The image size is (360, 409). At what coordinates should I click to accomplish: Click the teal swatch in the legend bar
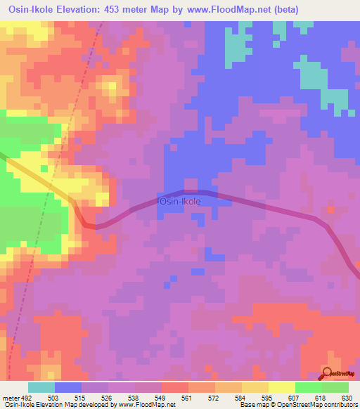pos(41,387)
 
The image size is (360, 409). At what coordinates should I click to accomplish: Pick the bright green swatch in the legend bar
pos(308,387)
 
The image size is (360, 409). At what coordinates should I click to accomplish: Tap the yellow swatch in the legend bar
pos(281,387)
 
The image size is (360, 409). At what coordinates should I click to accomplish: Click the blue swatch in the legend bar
pos(67,387)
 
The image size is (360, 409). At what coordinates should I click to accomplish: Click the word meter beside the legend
pos(9,397)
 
